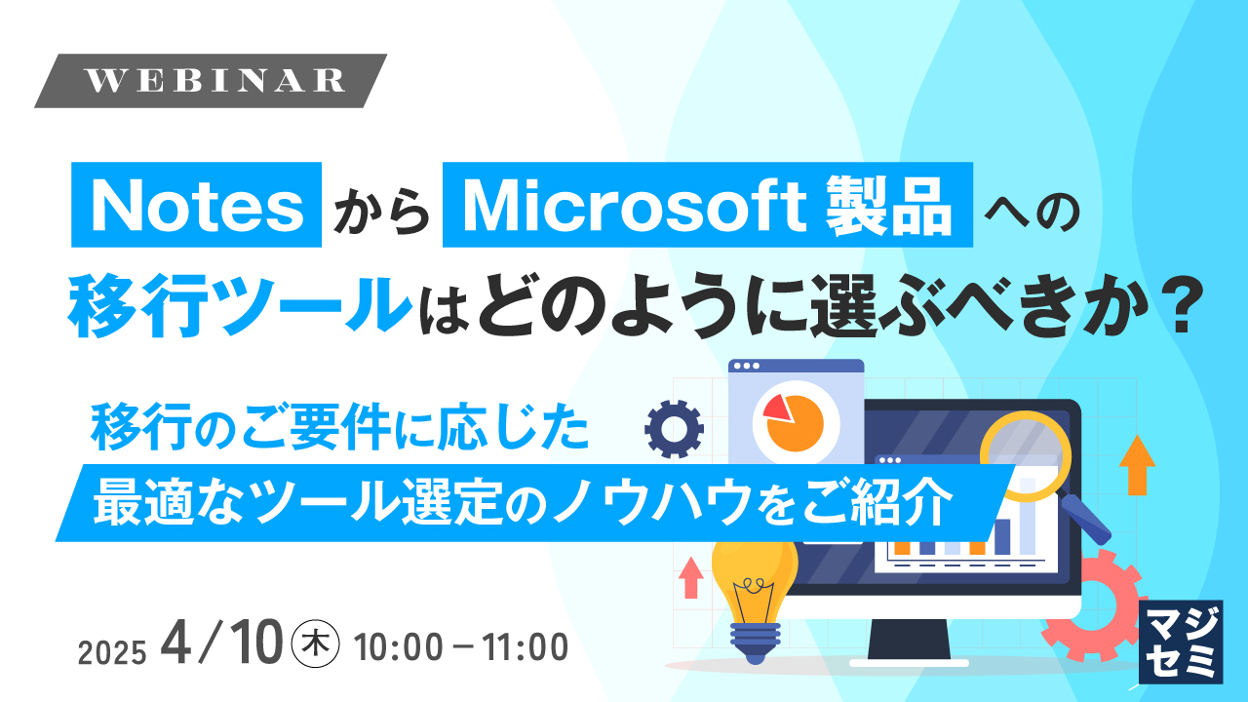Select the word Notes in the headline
[x=197, y=208]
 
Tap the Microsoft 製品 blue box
[x=708, y=208]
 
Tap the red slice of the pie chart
[x=776, y=408]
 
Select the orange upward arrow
[x=1137, y=464]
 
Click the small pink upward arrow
[x=691, y=576]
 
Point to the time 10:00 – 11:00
[x=462, y=645]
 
